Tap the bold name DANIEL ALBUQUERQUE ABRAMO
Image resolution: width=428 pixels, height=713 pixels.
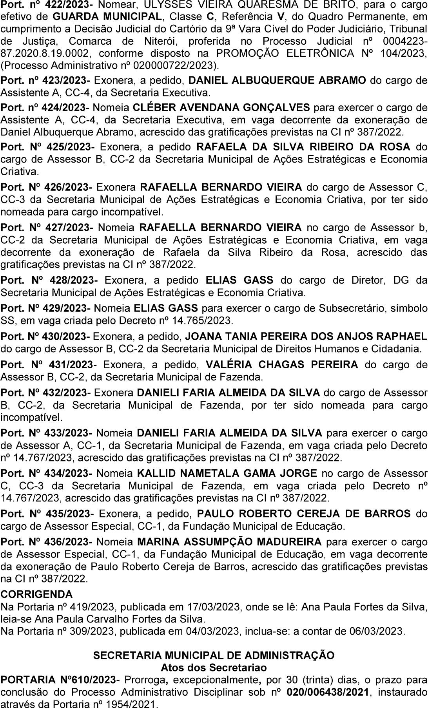pos(277,81)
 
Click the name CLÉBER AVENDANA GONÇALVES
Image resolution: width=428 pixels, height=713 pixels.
pos(221,107)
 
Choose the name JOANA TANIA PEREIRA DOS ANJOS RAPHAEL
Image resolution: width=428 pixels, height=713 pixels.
pos(305,336)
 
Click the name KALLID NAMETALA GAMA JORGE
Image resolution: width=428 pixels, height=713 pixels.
pos(227,474)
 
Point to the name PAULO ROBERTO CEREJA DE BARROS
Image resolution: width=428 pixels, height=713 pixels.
pos(304,514)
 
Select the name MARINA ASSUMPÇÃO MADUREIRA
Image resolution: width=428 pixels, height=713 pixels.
pos(229,542)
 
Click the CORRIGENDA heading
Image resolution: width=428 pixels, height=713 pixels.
pos(36,594)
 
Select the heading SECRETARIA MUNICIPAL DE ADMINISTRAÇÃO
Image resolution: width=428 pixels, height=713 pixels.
pos(214,655)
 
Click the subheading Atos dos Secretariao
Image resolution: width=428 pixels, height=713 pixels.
pos(214,667)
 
